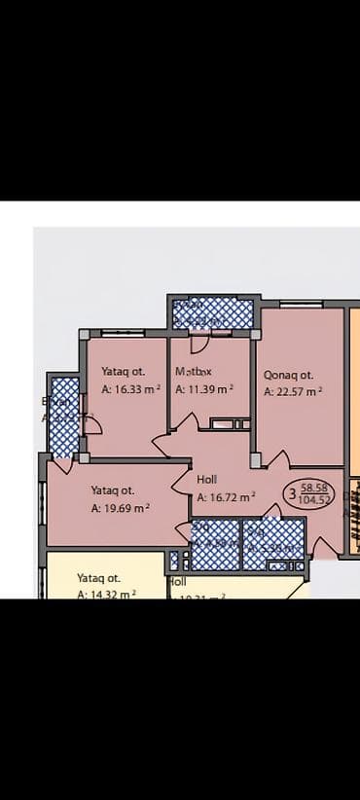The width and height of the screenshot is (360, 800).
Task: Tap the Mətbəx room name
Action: pyautogui.click(x=194, y=372)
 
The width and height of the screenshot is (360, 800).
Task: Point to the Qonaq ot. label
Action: pyautogui.click(x=288, y=375)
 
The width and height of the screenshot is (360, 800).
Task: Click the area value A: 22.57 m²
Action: pyautogui.click(x=293, y=392)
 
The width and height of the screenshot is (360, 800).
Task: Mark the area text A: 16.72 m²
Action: pyautogui.click(x=226, y=496)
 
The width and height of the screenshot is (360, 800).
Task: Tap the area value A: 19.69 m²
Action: pyautogui.click(x=121, y=508)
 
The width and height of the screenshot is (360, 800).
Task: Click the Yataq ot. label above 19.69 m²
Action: pyautogui.click(x=113, y=491)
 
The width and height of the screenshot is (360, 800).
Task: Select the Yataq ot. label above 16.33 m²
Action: pyautogui.click(x=123, y=371)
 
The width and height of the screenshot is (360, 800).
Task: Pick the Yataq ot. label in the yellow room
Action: pyautogui.click(x=98, y=577)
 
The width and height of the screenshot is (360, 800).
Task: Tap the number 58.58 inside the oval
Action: pyautogui.click(x=314, y=488)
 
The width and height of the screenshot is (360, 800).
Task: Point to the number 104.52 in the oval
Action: pyautogui.click(x=315, y=499)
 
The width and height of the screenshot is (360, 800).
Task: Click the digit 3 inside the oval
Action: pyautogui.click(x=292, y=494)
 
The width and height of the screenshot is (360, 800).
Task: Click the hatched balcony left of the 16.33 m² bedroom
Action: pyautogui.click(x=64, y=416)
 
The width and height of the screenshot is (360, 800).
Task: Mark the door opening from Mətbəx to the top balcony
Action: pyautogui.click(x=198, y=342)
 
